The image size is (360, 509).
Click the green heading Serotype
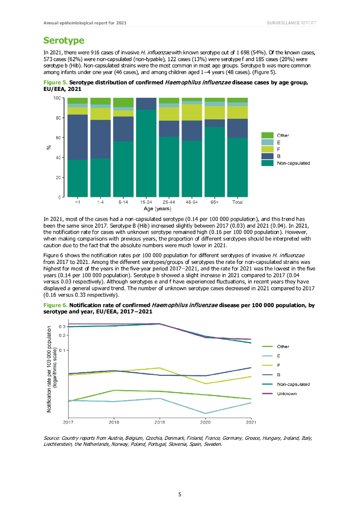(63, 40)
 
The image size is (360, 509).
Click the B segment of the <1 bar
(77, 137)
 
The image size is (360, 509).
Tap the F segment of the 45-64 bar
(191, 112)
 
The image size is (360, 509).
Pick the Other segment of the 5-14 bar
(123, 102)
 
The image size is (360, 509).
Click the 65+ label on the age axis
(214, 203)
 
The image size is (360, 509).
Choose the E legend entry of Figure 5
(279, 142)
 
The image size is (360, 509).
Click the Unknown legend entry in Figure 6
(286, 394)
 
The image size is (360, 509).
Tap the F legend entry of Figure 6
(278, 365)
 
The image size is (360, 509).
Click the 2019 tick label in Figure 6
(160, 423)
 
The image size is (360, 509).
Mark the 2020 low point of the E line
(205, 413)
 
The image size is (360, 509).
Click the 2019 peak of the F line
(160, 368)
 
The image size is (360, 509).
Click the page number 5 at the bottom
(180, 494)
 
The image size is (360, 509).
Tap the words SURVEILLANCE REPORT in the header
(291, 23)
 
